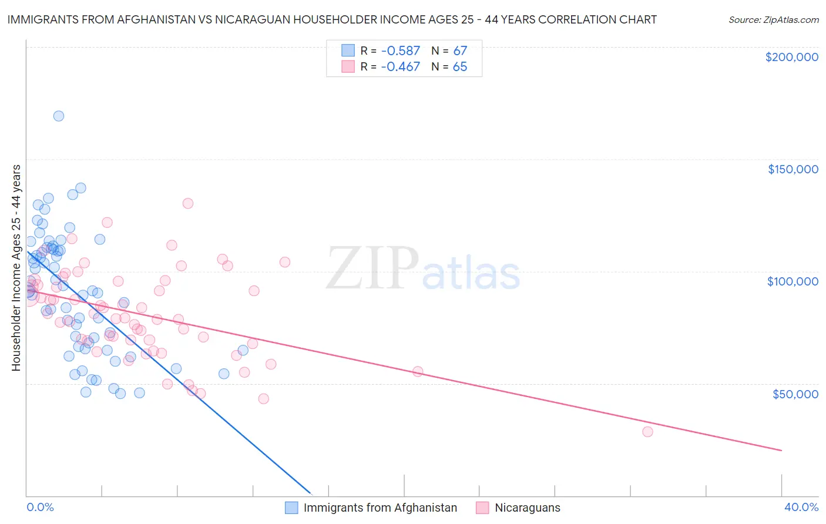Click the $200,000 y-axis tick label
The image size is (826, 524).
pos(791,57)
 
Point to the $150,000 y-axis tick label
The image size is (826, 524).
pos(793,169)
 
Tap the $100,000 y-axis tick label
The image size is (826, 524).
pos(793,281)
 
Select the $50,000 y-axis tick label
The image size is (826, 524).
pos(795,394)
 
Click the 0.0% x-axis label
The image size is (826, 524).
pos(40,507)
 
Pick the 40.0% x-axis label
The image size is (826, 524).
pos(801,507)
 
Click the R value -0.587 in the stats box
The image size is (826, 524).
pos(400,51)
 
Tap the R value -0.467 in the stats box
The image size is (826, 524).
pos(400,67)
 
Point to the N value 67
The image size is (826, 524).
pos(460,51)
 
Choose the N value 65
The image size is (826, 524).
pos(460,67)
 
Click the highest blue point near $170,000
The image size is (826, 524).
pos(59,116)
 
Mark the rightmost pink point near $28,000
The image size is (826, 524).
pos(647,432)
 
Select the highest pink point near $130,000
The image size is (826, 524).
pos(188,203)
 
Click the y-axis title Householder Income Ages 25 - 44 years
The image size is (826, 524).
pos(16,268)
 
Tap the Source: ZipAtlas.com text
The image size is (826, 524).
pos(773,20)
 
